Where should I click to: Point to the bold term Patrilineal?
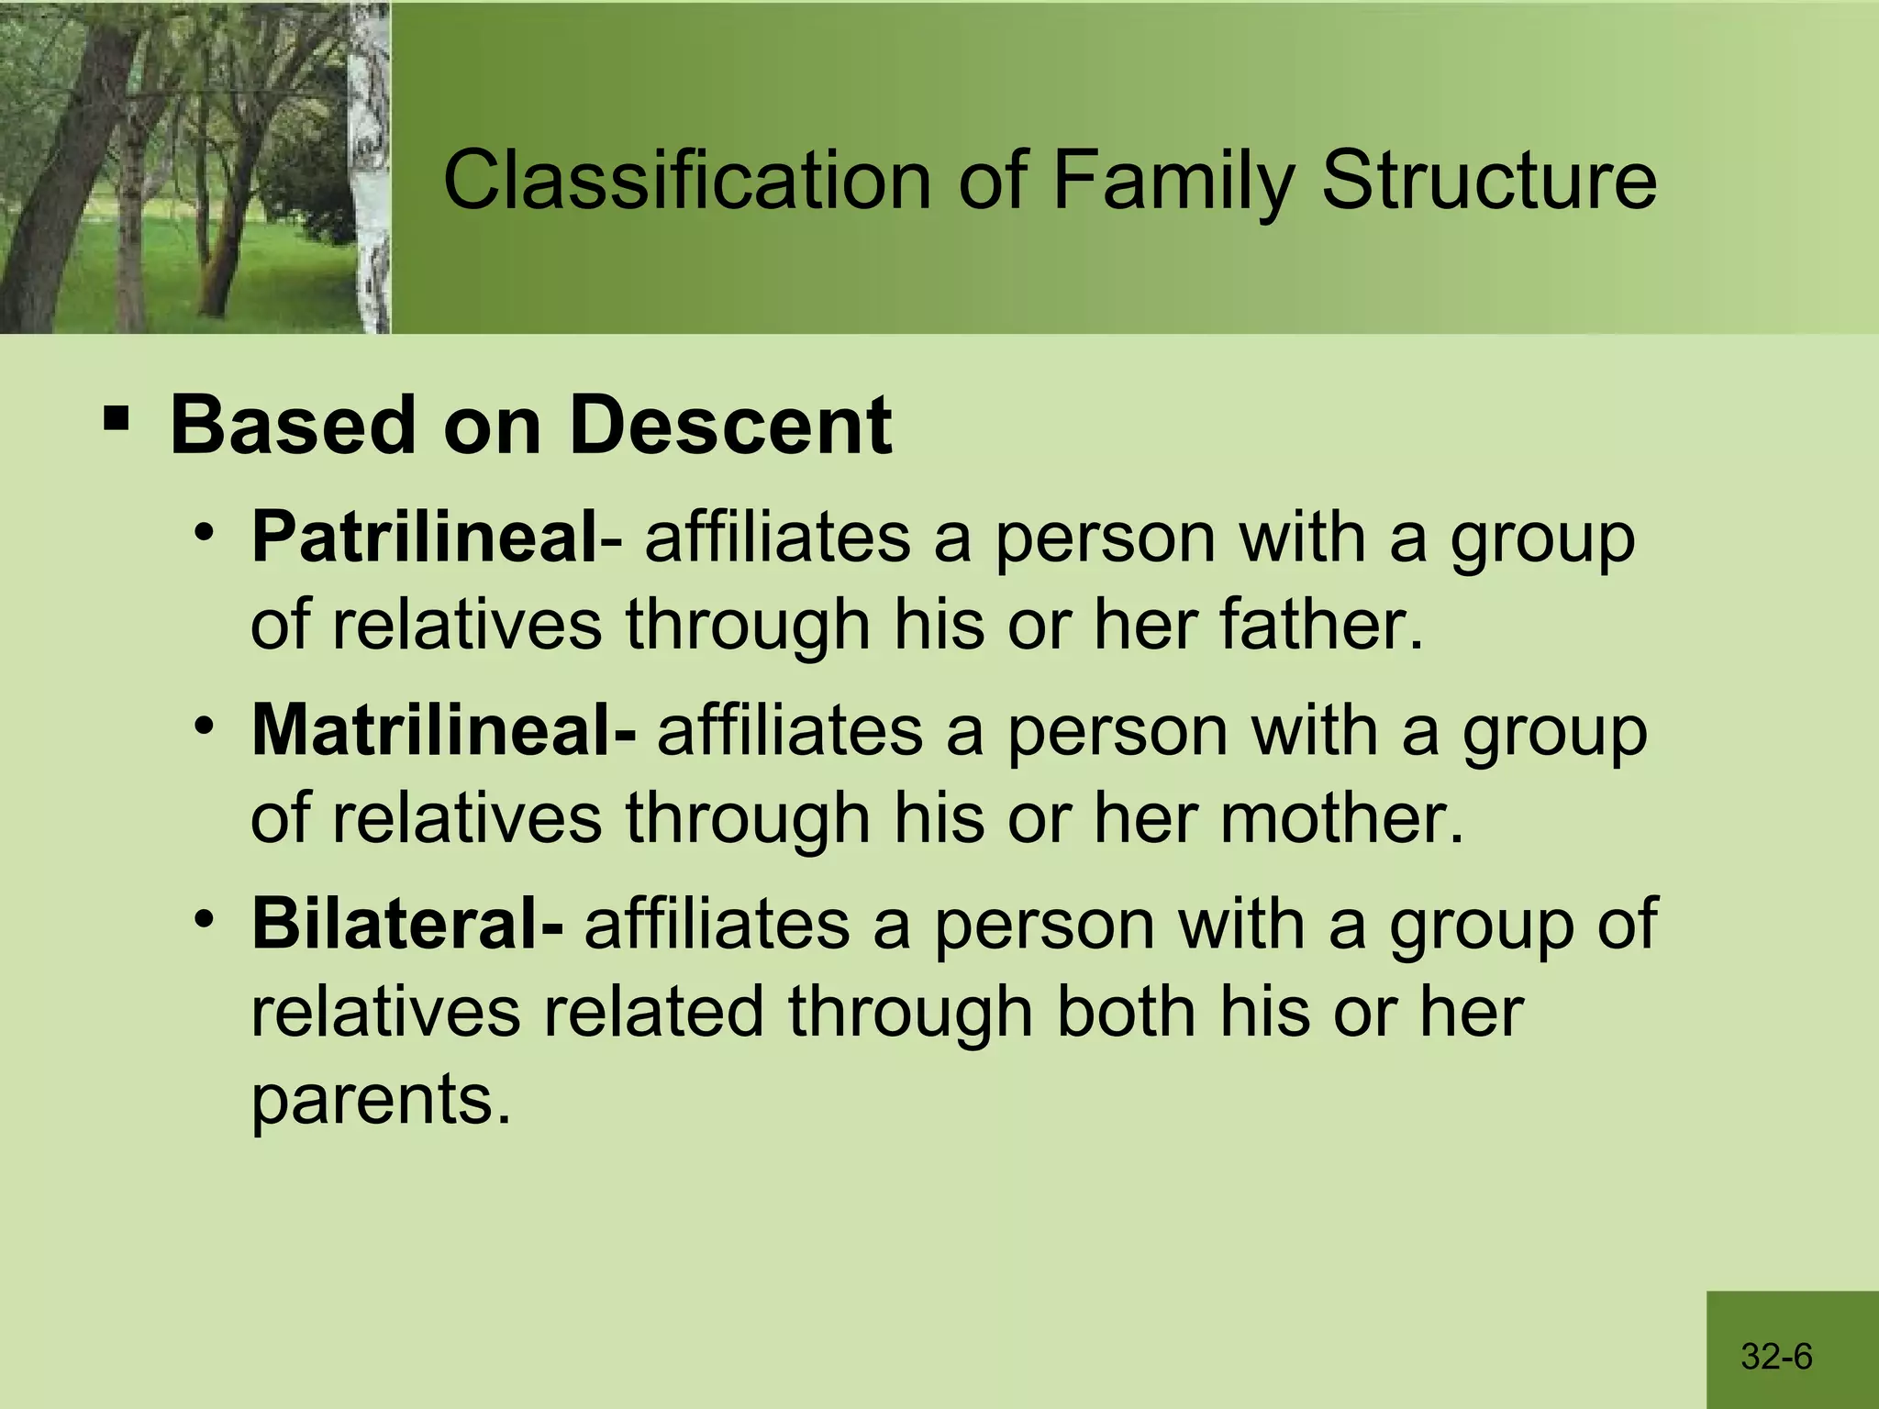[425, 538]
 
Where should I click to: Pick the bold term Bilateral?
[406, 924]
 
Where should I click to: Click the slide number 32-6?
[1776, 1356]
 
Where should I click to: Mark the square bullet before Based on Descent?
[116, 421]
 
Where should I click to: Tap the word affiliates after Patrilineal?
[777, 538]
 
